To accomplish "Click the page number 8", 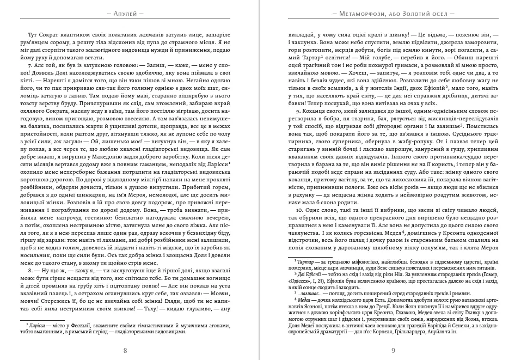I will click(125, 350).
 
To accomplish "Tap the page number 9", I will click(393, 350).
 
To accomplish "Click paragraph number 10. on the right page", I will click(299, 209).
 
